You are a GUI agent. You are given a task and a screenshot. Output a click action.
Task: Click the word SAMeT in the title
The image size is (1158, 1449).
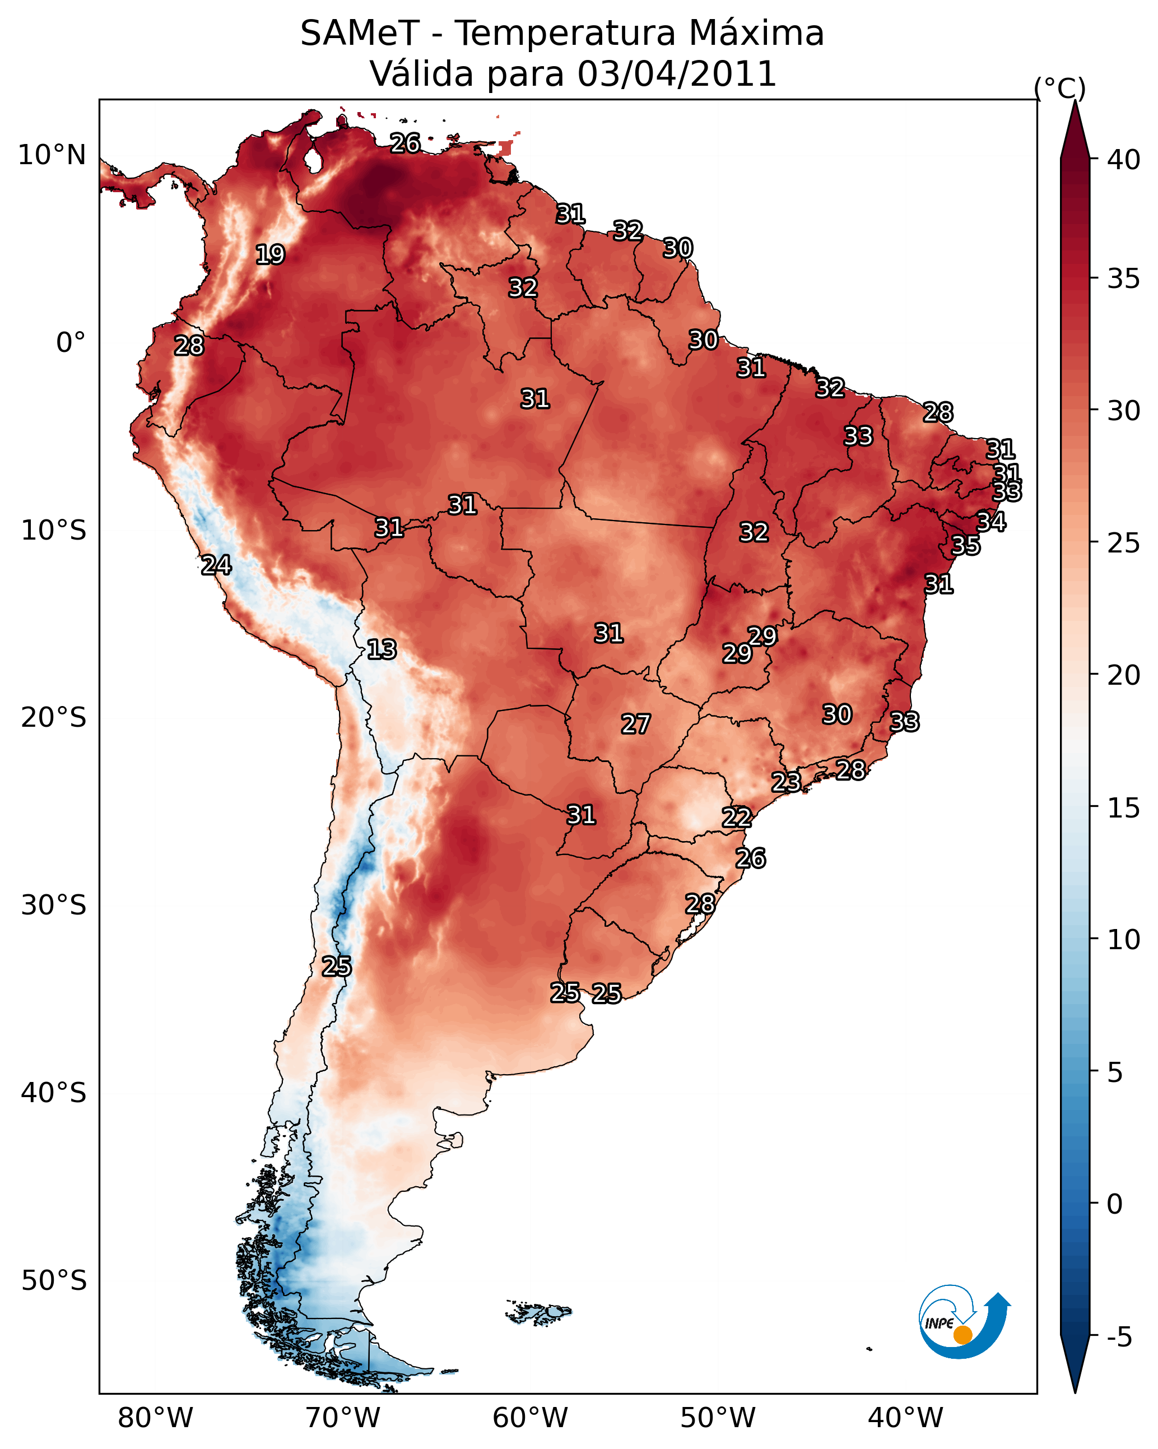360,34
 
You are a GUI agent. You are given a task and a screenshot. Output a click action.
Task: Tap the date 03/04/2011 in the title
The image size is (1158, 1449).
676,74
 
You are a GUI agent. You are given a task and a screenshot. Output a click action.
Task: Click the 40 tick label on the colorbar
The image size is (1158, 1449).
1124,160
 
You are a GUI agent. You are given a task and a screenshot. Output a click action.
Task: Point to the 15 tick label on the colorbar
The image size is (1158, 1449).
1124,808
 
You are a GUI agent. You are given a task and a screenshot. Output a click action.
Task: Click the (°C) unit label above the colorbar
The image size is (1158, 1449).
1060,88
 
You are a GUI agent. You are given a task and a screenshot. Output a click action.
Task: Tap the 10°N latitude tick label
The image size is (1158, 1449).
52,155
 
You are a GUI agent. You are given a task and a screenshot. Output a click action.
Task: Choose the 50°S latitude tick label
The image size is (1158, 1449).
54,1281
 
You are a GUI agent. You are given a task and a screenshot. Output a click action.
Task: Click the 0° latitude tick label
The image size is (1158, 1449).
71,343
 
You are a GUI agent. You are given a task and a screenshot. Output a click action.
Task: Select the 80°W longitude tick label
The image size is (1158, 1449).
155,1418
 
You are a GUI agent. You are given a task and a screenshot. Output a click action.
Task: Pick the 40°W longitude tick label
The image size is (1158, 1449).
905,1418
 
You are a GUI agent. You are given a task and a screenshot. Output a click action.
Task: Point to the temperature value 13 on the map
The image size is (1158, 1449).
382,649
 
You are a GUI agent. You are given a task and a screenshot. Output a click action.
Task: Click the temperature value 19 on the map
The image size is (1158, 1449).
270,255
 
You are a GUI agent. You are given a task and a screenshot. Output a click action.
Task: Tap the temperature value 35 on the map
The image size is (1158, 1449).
966,545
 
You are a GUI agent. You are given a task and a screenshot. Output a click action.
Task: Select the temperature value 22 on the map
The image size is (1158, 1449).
737,818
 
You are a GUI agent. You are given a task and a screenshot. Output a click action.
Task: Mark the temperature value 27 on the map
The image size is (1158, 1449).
635,724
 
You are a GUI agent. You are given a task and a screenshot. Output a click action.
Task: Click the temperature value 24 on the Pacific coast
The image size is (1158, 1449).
216,565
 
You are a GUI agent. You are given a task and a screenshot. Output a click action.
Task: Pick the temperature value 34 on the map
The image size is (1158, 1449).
990,522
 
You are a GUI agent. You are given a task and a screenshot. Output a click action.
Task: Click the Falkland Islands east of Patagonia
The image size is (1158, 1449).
538,1311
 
